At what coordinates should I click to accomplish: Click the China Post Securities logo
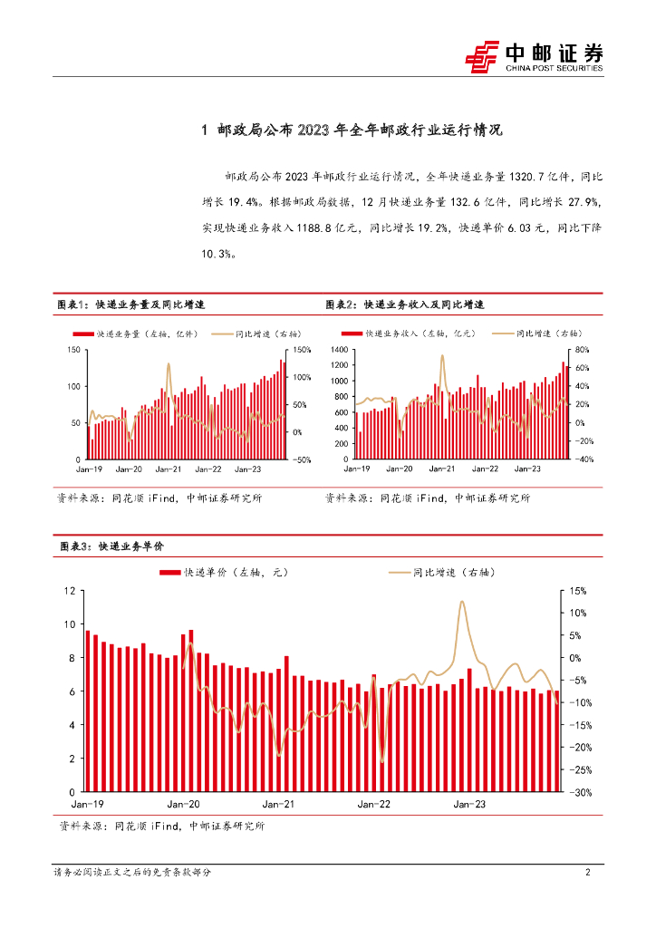(535, 57)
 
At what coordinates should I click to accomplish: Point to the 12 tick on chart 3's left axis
(70, 591)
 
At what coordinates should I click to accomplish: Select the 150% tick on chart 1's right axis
(302, 350)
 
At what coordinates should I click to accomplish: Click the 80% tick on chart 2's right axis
(582, 350)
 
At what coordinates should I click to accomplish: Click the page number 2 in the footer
(588, 872)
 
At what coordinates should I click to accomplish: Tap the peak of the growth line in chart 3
(462, 602)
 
